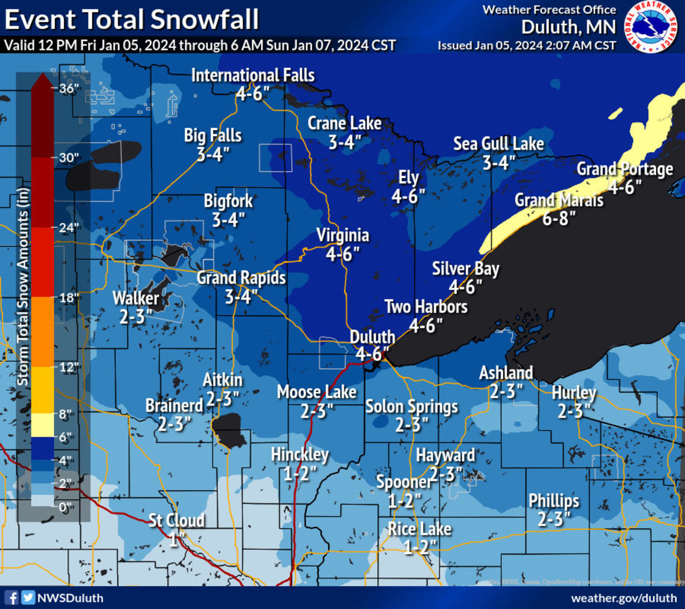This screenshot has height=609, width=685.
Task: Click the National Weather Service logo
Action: point(652,27)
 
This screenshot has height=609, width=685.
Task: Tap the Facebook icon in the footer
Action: point(11,598)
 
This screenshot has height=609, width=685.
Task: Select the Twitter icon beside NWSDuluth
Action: point(28,598)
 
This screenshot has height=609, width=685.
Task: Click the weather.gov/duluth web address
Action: point(624,598)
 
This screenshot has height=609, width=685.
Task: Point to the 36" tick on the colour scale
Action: point(68,88)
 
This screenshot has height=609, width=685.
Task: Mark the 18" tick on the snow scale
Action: point(68,298)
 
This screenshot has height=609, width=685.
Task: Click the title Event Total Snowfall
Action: point(131,19)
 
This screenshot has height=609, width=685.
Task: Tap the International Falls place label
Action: point(253,75)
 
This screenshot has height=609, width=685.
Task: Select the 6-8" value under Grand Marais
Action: point(559,218)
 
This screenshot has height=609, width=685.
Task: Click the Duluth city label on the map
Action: point(372,337)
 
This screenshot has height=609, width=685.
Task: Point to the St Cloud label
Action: point(176,521)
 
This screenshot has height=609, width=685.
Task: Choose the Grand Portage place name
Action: point(624,169)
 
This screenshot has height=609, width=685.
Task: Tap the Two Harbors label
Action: point(426,307)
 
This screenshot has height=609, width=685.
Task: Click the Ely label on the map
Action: point(409,178)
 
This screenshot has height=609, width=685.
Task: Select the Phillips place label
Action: point(553,501)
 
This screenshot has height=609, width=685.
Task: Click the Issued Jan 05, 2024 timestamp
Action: point(526,46)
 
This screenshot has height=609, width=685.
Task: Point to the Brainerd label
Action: point(174,405)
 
